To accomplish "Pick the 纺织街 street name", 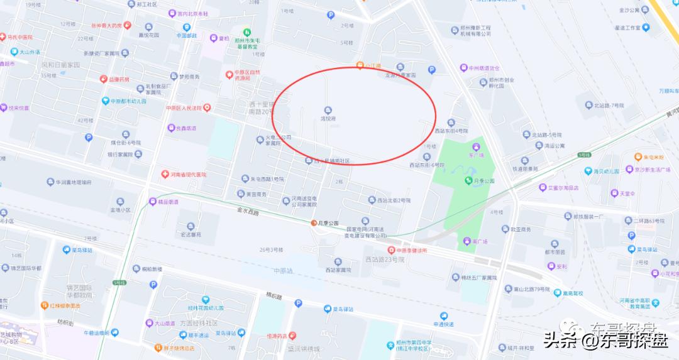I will click(65, 322).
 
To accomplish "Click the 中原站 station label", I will click(284, 270).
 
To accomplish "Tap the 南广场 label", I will click(475, 241).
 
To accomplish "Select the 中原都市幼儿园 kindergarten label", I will click(128, 101).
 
